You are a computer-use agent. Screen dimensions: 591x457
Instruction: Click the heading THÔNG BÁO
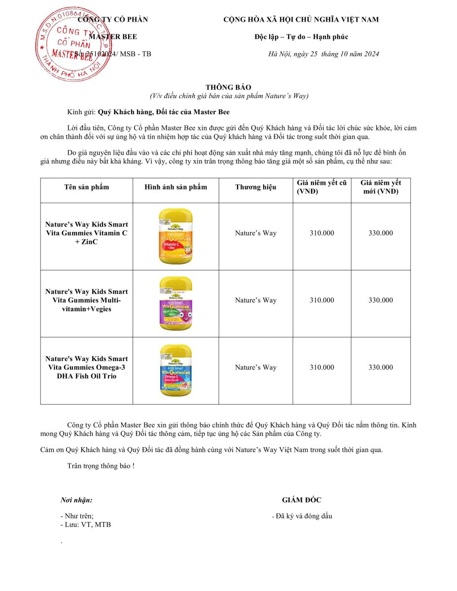click(x=228, y=87)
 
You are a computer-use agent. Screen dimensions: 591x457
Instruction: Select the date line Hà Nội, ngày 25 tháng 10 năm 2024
click(x=323, y=54)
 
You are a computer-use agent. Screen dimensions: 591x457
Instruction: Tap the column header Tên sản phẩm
click(x=87, y=187)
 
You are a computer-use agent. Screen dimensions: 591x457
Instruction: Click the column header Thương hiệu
click(x=255, y=187)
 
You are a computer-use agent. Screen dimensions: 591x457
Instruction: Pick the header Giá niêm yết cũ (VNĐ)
click(x=321, y=187)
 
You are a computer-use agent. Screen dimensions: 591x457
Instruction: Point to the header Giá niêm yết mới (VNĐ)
click(x=381, y=187)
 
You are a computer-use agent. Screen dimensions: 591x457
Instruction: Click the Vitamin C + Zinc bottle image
click(x=176, y=236)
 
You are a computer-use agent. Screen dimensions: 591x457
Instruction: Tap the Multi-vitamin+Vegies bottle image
click(x=176, y=303)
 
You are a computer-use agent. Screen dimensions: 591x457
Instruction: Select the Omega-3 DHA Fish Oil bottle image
click(x=176, y=370)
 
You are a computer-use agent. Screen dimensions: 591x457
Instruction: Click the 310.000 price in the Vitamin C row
click(x=321, y=233)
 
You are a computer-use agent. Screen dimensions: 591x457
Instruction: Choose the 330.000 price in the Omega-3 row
click(x=381, y=367)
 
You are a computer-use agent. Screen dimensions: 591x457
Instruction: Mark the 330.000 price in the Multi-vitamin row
click(x=381, y=300)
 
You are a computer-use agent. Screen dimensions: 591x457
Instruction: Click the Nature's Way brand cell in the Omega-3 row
click(x=255, y=367)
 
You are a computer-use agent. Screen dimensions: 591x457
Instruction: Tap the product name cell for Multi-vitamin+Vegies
click(x=87, y=300)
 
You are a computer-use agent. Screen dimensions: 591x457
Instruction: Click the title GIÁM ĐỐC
click(x=301, y=500)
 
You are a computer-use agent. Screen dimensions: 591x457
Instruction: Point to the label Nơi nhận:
click(x=76, y=500)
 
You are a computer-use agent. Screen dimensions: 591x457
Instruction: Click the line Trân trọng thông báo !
click(x=101, y=465)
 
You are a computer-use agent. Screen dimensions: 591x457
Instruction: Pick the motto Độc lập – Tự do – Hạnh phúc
click(x=301, y=37)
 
